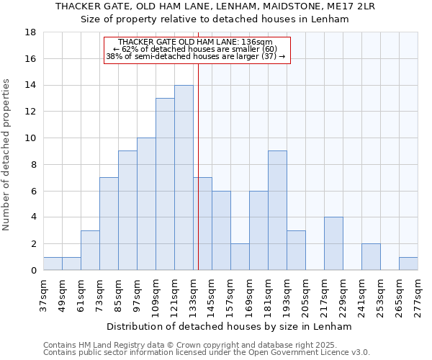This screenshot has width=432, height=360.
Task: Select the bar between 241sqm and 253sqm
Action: point(371,257)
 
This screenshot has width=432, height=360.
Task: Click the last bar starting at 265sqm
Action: point(408,264)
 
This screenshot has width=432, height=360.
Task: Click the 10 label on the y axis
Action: point(30,138)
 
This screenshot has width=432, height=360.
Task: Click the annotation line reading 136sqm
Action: point(195,42)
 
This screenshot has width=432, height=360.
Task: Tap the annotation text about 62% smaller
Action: point(195,49)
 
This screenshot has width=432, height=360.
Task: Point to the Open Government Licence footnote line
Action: point(207,353)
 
